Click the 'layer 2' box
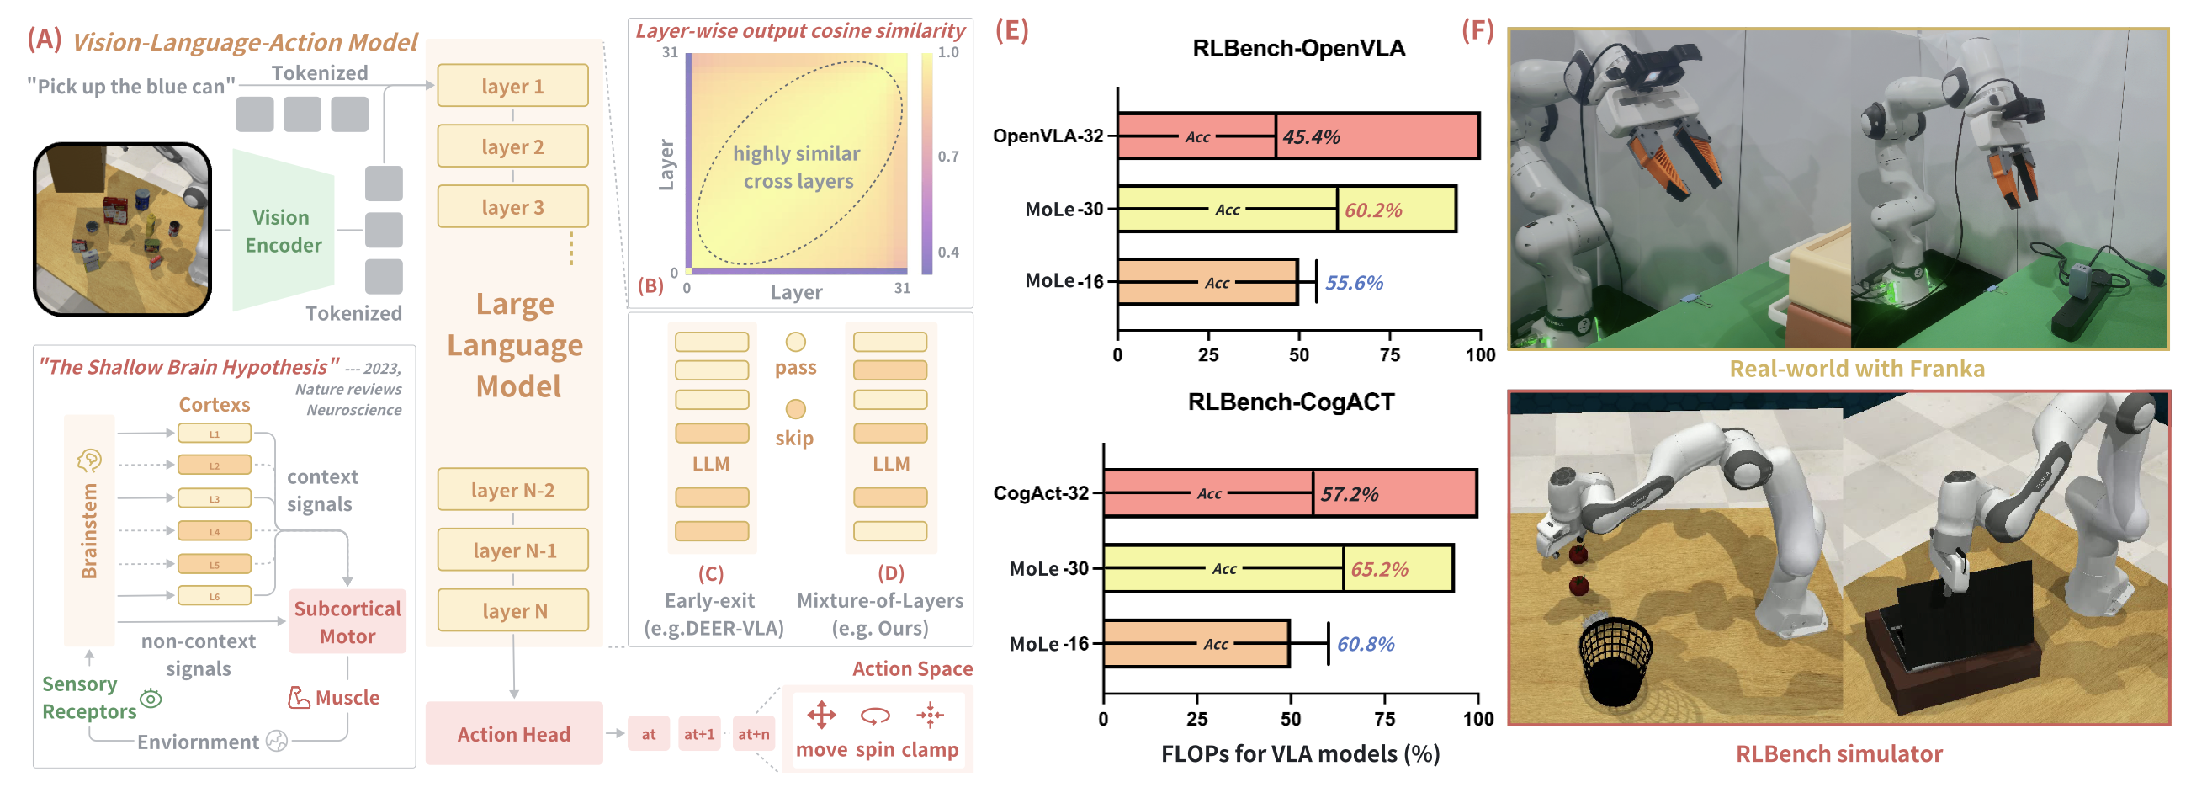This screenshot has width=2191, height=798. point(512,146)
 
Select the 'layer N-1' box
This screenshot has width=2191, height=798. point(514,551)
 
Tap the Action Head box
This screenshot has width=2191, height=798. point(514,733)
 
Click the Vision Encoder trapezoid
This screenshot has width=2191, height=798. point(284,231)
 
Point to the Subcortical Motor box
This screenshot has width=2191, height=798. point(347,622)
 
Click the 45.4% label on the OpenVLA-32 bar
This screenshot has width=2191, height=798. point(1311,137)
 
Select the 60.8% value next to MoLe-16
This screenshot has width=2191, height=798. point(1365,644)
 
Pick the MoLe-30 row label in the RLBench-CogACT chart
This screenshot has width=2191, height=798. point(1048,568)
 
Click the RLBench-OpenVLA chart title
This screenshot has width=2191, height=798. point(1298,49)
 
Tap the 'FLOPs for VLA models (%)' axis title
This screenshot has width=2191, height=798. point(1300,753)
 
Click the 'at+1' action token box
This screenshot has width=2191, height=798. point(699,733)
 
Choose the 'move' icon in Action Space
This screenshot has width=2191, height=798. point(820,716)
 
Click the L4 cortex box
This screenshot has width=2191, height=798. point(215,532)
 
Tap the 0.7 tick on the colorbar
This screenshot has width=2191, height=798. point(947,157)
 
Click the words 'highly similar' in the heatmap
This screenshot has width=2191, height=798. point(796,154)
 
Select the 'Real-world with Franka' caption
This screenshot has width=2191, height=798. point(1857,369)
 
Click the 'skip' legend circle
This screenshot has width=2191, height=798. point(795,409)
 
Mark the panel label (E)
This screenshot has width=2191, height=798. point(1011,30)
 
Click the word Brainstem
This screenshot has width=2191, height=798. point(89,531)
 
